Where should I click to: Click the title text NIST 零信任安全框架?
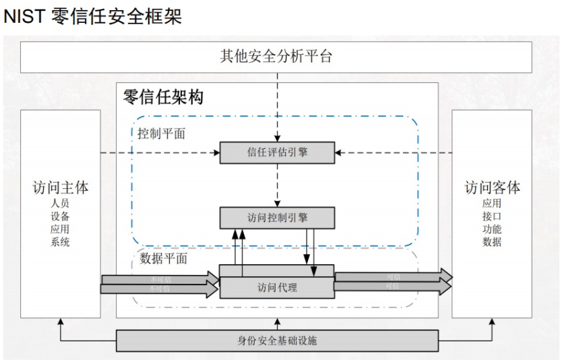(93, 17)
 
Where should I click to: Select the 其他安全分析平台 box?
(276, 56)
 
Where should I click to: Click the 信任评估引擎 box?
(277, 152)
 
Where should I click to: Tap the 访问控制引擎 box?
(277, 217)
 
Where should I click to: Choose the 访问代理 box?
(277, 287)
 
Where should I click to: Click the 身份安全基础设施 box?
(277, 340)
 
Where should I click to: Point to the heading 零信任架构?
(163, 97)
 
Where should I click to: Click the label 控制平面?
(161, 133)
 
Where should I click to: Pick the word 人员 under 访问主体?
(60, 203)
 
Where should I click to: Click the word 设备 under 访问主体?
(60, 216)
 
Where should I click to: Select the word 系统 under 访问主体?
(60, 242)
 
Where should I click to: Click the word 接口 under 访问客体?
(492, 216)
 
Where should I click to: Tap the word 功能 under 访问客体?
(492, 229)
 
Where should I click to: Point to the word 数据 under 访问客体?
(492, 242)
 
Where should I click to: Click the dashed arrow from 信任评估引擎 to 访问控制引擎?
(277, 185)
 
